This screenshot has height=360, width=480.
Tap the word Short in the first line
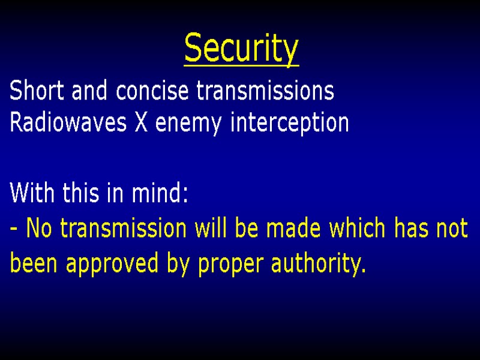point(30,92)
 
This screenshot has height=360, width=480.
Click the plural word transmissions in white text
point(266,92)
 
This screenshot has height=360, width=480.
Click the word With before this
point(29,194)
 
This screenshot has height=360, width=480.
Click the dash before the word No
point(14,229)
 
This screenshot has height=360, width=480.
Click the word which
point(356,229)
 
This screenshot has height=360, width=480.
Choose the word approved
point(112,265)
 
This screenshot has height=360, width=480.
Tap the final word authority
point(319,263)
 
